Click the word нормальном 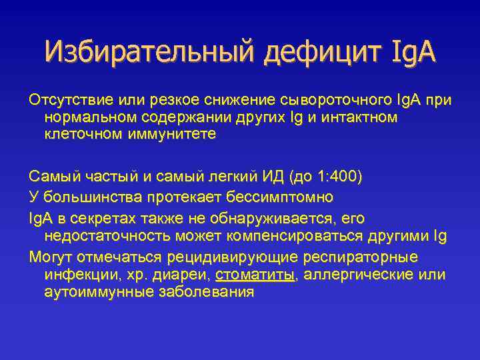[x=88, y=117]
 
